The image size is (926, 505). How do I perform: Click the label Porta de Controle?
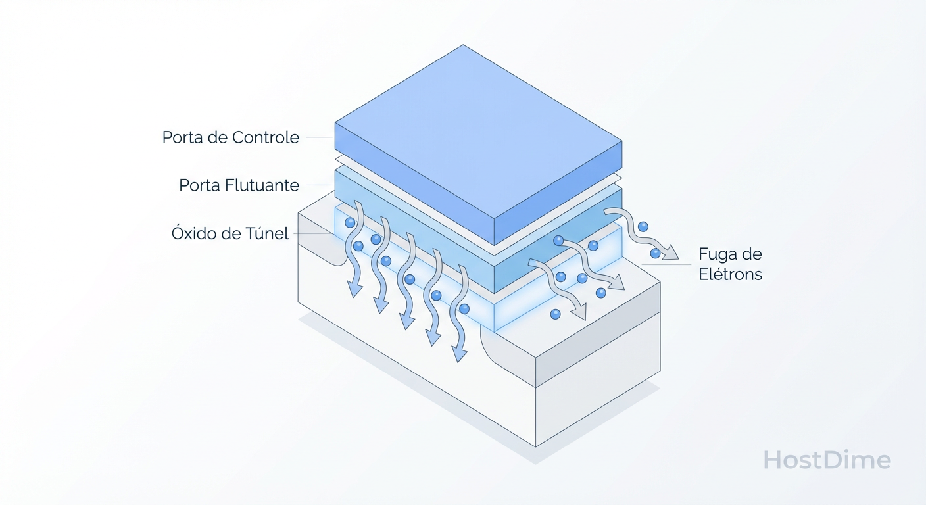(x=231, y=137)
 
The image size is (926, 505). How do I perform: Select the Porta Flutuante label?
(x=239, y=185)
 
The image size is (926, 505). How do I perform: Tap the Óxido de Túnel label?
(x=230, y=233)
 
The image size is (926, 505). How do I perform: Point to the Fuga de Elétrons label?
(x=730, y=264)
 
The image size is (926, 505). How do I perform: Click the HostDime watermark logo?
(x=827, y=460)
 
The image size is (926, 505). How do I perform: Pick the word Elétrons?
(x=730, y=274)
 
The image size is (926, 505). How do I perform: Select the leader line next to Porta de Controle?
(x=320, y=137)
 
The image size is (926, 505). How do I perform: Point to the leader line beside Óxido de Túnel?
(x=313, y=233)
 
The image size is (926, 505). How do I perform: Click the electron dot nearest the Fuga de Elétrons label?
(x=655, y=252)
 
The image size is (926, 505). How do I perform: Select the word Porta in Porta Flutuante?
(x=199, y=185)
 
